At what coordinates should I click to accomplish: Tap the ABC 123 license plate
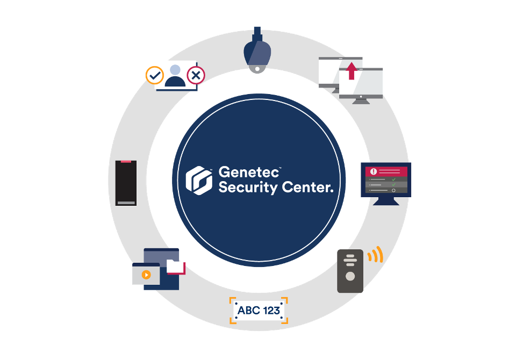[x=259, y=311]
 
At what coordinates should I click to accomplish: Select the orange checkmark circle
[x=155, y=76]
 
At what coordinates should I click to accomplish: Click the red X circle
[x=196, y=76]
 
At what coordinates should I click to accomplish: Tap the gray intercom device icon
[x=350, y=271]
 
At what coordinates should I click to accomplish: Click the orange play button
[x=146, y=275]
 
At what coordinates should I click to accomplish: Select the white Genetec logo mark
[x=198, y=179]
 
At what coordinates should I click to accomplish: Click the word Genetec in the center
[x=249, y=173]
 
